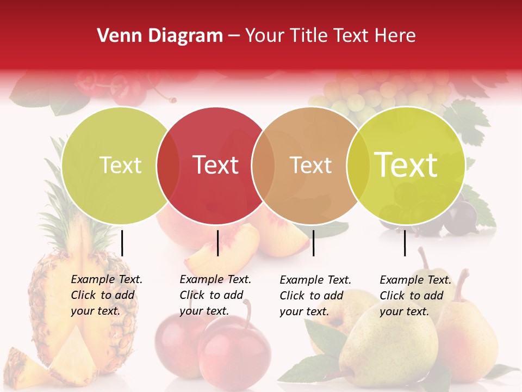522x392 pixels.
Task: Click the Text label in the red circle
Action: [x=216, y=165]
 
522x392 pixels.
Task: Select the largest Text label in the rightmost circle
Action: [x=406, y=164]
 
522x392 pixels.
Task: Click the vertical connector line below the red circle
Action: [x=217, y=243]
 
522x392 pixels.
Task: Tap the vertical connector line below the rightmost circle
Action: [x=405, y=243]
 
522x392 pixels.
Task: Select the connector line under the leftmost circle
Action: [x=122, y=243]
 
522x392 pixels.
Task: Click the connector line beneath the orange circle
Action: [x=314, y=243]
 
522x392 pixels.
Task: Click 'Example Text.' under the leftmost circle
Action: [x=107, y=279]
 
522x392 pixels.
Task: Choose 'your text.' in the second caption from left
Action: [x=204, y=311]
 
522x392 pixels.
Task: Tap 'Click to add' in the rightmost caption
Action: [x=412, y=296]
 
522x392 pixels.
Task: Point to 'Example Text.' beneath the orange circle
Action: [x=315, y=280]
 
